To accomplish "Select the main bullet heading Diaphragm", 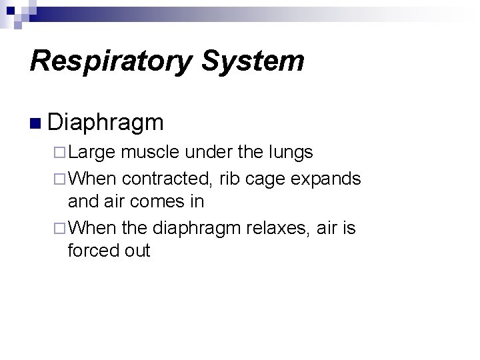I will (x=105, y=123).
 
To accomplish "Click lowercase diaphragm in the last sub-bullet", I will (x=198, y=229).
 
